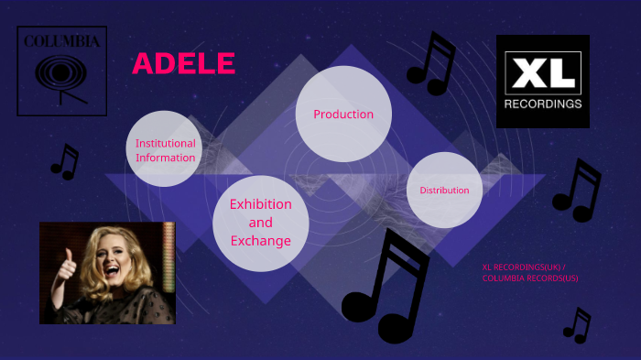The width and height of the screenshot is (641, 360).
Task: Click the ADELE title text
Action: click(x=183, y=63)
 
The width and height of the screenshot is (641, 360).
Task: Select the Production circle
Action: click(x=343, y=114)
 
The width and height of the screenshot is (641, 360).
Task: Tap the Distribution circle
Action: click(x=444, y=190)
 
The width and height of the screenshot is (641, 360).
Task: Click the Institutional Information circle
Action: click(x=164, y=149)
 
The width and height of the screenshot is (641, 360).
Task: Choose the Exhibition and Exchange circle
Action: click(x=260, y=223)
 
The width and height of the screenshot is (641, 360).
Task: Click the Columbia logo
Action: click(x=62, y=71)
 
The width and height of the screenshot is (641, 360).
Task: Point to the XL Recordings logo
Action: click(x=543, y=82)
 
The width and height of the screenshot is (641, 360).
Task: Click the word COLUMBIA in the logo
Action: click(x=62, y=41)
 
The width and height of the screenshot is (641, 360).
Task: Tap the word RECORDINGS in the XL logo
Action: click(x=543, y=104)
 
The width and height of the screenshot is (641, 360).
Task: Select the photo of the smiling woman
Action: click(x=106, y=272)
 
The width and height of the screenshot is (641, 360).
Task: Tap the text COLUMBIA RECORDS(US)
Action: click(x=530, y=278)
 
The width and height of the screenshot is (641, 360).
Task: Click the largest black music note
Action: click(x=385, y=289)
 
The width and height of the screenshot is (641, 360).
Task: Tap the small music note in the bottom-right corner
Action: click(x=577, y=325)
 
